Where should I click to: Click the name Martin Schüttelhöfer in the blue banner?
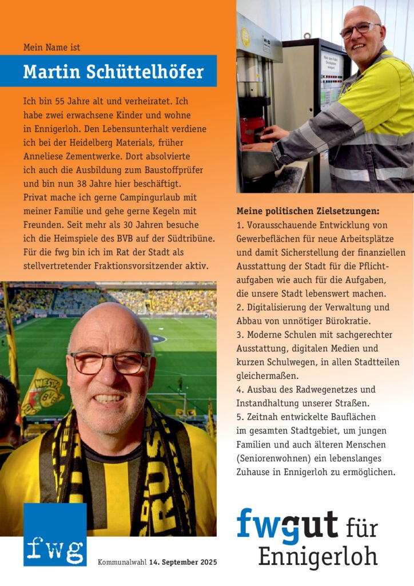tap(113, 72)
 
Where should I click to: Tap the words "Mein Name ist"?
tap(55, 47)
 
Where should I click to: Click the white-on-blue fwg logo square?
tap(55, 534)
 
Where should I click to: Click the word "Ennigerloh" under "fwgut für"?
tap(318, 556)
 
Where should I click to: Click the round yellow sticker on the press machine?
tap(245, 37)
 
